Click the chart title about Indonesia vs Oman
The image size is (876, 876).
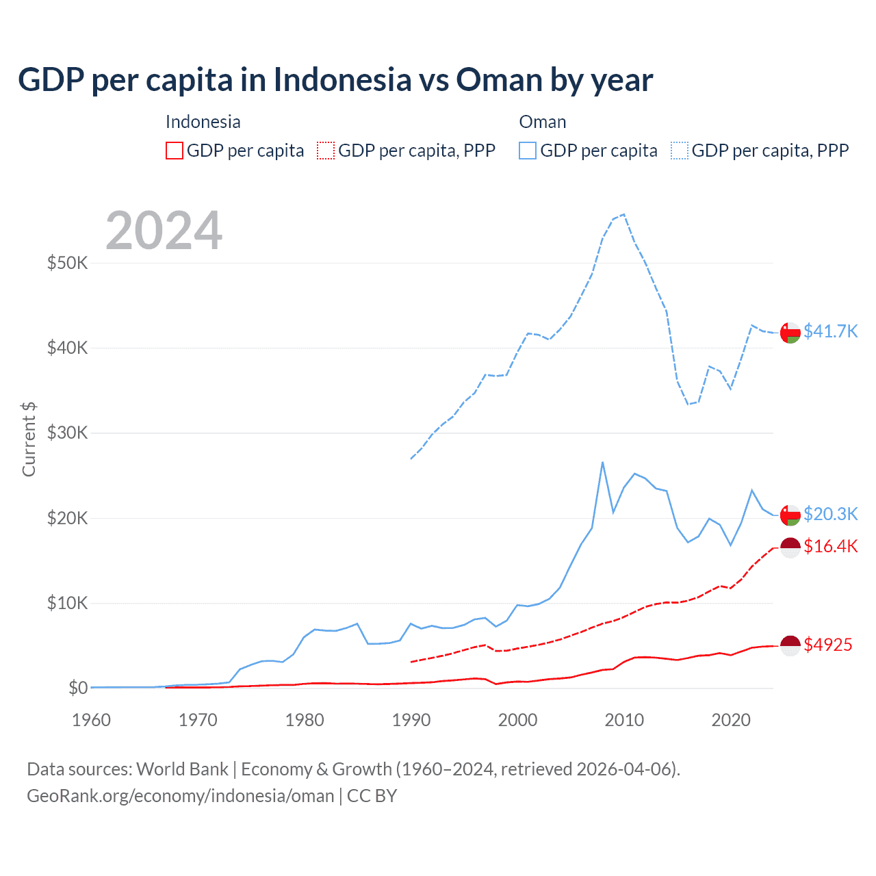point(335,79)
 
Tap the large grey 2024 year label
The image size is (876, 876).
point(164,231)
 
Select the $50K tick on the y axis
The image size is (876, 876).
point(67,263)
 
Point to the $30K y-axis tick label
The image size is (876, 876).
point(67,433)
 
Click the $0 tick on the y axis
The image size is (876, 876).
point(77,688)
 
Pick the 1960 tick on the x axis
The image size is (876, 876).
point(91,720)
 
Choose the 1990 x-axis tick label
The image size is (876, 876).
point(411,720)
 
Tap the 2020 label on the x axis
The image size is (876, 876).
point(730,720)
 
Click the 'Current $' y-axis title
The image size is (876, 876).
point(29,439)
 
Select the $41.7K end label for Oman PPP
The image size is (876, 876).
point(830,331)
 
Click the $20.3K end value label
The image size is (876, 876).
point(830,514)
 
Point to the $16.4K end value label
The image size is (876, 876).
point(830,546)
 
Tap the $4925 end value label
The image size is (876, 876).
point(827,645)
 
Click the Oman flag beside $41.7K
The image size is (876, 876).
point(790,332)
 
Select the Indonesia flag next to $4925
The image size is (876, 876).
point(790,645)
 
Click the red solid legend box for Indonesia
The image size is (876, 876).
point(175,151)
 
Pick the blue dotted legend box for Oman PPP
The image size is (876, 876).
point(680,151)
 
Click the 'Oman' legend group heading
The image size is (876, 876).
point(542,122)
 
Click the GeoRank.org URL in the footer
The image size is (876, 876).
point(181,796)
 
